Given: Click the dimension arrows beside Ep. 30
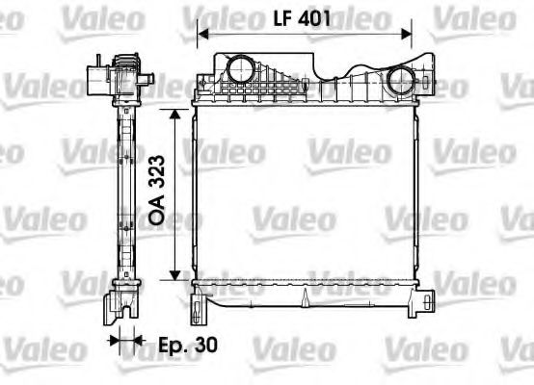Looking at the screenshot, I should point(124,340).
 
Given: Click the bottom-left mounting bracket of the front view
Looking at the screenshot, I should point(200,306).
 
